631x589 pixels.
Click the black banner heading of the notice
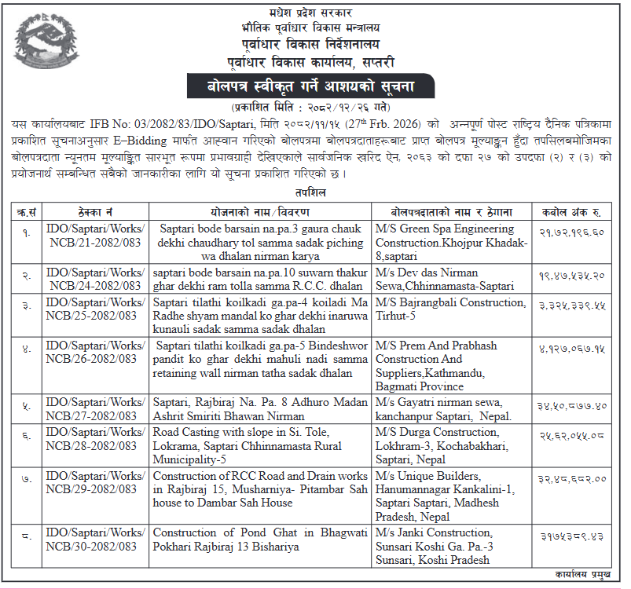315,86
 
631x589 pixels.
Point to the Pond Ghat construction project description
260,540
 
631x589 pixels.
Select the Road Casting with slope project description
260,445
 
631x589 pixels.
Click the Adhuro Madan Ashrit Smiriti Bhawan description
260,408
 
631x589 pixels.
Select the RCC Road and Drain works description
260,489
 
